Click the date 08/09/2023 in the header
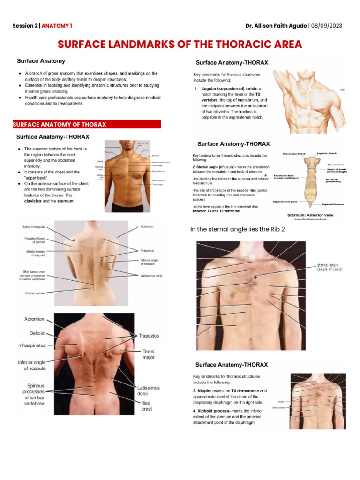(x=329, y=25)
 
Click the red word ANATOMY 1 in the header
(x=57, y=25)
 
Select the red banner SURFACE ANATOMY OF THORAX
(x=60, y=124)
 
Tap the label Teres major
(x=148, y=354)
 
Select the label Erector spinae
(x=35, y=293)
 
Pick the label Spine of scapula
(x=35, y=227)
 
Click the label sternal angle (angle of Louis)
(x=330, y=267)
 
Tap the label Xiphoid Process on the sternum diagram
(x=334, y=204)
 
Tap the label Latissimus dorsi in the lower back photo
(x=149, y=391)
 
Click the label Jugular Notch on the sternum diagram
(x=327, y=153)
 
